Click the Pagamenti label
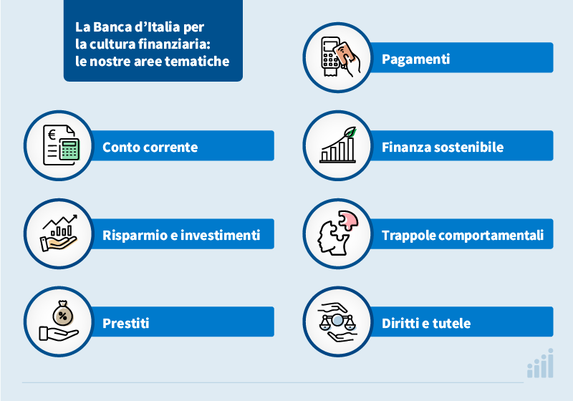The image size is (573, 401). coord(415,59)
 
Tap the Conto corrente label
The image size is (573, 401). coord(150,148)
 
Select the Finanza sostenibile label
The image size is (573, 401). coord(442,148)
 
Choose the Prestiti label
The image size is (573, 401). coord(125,323)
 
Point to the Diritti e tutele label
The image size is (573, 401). coord(425,323)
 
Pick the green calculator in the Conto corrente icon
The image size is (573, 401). coord(69,149)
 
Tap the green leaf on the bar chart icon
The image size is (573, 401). coord(350,133)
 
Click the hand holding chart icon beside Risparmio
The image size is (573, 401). coord(59,234)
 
